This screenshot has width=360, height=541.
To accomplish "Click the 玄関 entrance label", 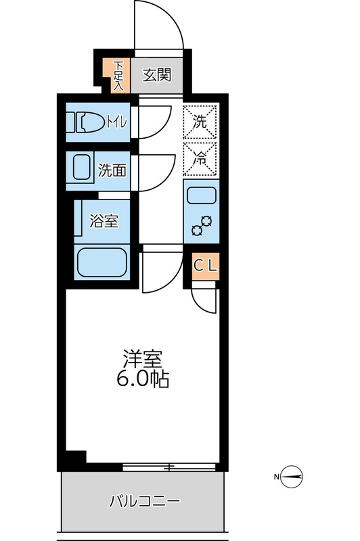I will coord(156,74).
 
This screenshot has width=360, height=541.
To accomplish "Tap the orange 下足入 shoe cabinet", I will coord(118,75).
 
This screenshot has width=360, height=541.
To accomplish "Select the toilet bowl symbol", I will coord(86,122).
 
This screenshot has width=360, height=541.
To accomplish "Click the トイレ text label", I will coord(116,122).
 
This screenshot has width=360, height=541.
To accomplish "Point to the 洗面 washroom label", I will coord(112,170).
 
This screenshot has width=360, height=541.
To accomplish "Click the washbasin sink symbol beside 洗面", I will coord(81,169).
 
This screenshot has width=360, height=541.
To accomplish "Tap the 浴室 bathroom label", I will coord(104,221).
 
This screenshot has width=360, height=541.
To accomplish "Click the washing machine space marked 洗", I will coord(201,122).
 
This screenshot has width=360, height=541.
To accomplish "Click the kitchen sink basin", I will coord(201,196).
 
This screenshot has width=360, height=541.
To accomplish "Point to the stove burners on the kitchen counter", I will coord(202,226).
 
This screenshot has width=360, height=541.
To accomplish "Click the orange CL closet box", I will coord(206,266).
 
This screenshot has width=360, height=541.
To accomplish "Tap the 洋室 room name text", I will coord(141,357).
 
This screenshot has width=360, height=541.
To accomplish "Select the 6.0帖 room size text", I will coord(141,379).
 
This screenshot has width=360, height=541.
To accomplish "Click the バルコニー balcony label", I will coord(145,502).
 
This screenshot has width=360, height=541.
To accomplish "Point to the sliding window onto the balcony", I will coord(169,467).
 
